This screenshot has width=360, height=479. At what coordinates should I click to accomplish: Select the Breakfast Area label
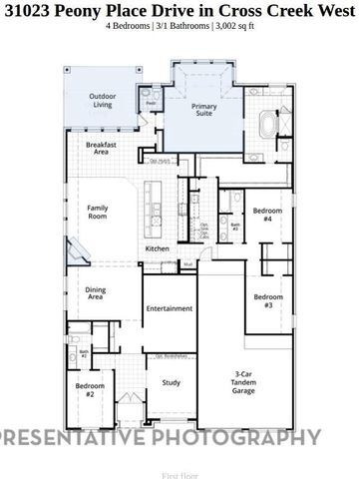pyautogui.click(x=97, y=148)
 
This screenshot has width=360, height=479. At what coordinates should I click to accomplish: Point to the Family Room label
pyautogui.click(x=97, y=213)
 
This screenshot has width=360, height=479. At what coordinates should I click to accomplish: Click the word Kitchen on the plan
pyautogui.click(x=158, y=248)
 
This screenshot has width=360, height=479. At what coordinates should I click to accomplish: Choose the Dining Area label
pyautogui.click(x=96, y=294)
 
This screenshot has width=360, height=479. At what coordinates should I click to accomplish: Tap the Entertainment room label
pyautogui.click(x=169, y=308)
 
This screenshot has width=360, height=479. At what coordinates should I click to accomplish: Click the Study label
pyautogui.click(x=171, y=382)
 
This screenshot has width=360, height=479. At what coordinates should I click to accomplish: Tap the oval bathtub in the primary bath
pyautogui.click(x=267, y=127)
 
